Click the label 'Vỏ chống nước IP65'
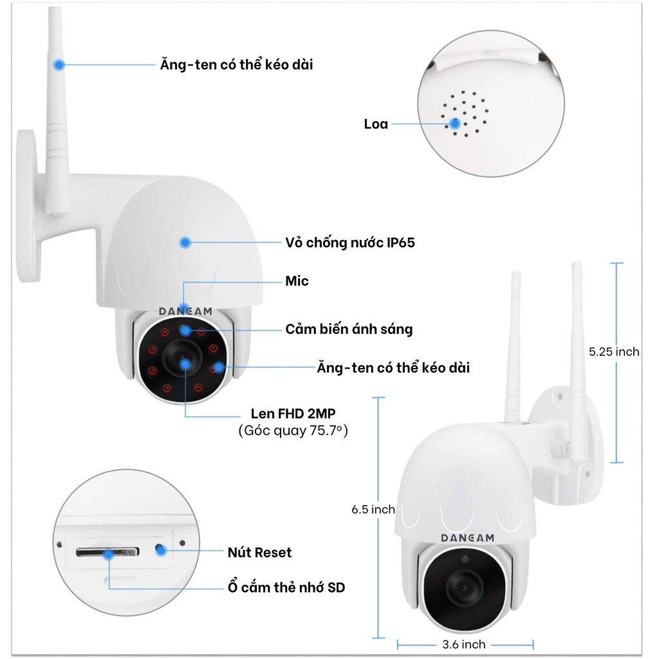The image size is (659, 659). click(x=350, y=243)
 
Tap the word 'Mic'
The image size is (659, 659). click(x=297, y=281)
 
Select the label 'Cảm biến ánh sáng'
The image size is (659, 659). click(x=349, y=329)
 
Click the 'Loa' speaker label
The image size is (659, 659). click(x=376, y=124)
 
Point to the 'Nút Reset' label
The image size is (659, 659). click(x=259, y=552)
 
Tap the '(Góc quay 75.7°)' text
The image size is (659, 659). click(x=293, y=431)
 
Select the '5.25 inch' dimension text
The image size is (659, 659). click(x=615, y=351)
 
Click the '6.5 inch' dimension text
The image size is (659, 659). click(x=373, y=509)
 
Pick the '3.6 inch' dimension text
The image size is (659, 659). click(x=465, y=644)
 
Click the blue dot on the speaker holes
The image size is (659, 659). click(x=456, y=124)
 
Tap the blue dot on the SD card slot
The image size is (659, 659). click(x=110, y=553)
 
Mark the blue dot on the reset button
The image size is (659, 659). click(x=161, y=550)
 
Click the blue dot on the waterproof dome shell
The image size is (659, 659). click(x=185, y=243)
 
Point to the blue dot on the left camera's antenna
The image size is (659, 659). click(x=59, y=64)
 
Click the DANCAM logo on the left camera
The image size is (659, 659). click(x=185, y=311)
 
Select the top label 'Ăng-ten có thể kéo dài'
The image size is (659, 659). click(x=236, y=64)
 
